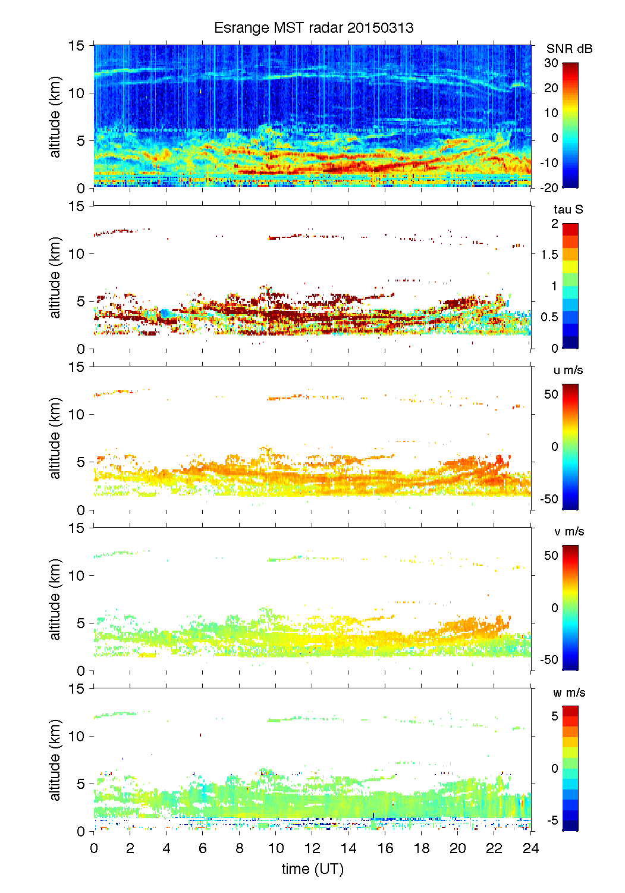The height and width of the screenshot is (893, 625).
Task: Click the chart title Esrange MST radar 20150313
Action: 313,28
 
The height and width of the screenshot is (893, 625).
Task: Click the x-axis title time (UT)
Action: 312,869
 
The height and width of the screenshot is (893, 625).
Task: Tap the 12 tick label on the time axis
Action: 312,848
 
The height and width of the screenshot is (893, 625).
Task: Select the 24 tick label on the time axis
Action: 530,848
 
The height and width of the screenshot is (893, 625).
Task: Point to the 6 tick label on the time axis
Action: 203,848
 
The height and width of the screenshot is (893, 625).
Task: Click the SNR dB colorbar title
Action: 569,49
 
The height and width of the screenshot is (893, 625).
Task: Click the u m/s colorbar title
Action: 568,370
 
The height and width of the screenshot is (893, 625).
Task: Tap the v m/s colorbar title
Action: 569,531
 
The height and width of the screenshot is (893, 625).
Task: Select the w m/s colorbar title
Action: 569,693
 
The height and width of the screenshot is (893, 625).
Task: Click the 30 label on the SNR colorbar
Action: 551,63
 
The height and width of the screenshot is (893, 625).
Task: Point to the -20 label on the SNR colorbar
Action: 549,187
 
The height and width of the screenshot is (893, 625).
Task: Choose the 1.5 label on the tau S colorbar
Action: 549,255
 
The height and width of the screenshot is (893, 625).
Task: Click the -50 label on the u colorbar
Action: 549,499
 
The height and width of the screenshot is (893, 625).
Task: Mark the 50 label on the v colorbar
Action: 551,555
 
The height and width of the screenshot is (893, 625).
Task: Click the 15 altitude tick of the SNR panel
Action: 77,46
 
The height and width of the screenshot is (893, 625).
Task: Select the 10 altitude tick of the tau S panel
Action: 77,254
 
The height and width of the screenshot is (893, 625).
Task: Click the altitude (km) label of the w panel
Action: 55,760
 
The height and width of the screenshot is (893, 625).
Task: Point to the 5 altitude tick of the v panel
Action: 81,623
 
